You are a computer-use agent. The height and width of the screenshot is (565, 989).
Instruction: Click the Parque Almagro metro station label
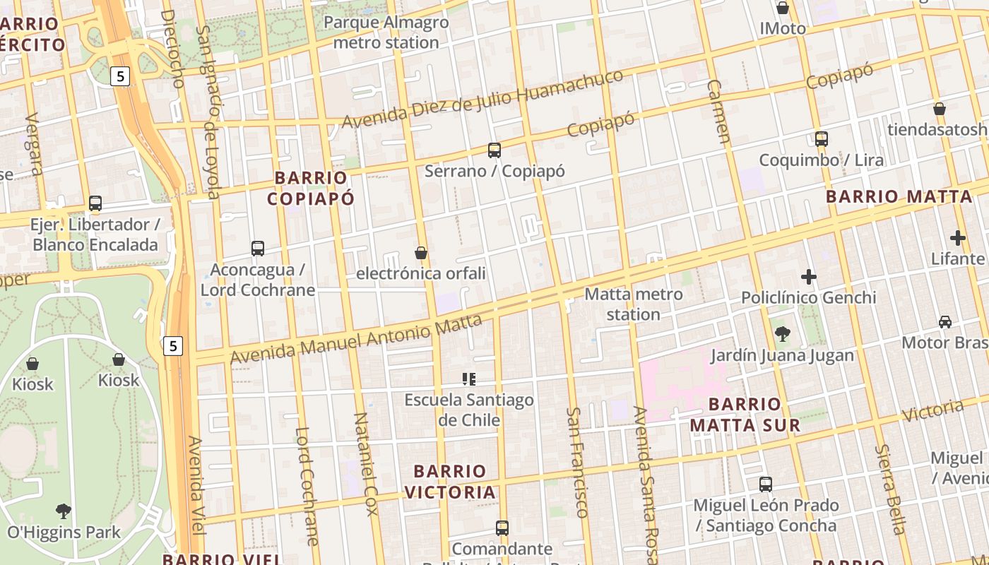click(386, 32)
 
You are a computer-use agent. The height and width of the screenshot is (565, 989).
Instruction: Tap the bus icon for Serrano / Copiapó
click(494, 150)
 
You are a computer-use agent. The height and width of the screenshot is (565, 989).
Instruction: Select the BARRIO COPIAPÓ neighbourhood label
click(311, 187)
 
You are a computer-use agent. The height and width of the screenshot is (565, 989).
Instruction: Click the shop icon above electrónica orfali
click(421, 253)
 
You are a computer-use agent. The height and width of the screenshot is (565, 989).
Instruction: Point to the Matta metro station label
click(634, 304)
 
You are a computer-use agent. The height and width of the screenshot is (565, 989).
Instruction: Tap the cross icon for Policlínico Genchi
click(809, 277)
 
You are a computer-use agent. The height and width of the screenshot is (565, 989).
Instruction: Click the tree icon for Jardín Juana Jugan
click(782, 334)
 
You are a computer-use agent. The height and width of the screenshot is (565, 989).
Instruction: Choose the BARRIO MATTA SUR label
click(745, 415)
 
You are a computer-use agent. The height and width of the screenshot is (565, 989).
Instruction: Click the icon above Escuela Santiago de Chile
click(468, 379)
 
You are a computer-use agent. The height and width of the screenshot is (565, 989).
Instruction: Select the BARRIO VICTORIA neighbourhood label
click(450, 481)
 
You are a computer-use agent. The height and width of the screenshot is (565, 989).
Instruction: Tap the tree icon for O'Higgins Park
click(64, 511)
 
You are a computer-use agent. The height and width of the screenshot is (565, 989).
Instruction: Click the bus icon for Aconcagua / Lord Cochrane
click(258, 249)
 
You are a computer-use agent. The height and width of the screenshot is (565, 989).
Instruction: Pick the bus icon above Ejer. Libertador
click(95, 203)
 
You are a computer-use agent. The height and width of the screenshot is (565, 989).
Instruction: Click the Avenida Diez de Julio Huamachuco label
click(482, 99)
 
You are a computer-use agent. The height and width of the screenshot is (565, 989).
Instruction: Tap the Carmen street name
click(718, 111)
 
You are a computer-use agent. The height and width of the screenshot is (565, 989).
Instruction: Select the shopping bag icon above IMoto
click(783, 8)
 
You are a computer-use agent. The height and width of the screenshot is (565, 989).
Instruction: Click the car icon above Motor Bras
click(945, 322)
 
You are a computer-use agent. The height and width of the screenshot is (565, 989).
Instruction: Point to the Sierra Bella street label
click(890, 489)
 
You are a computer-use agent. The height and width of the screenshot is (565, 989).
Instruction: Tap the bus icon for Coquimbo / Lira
click(822, 138)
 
